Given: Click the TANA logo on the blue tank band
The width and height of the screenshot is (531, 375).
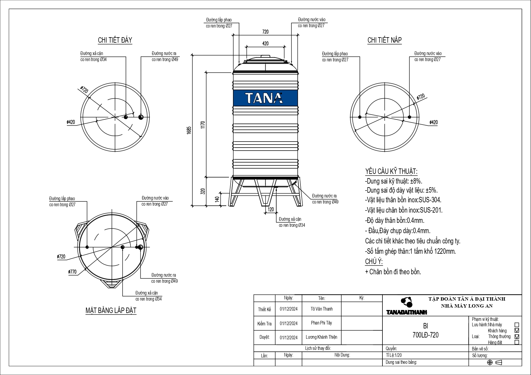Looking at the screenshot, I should (264, 98).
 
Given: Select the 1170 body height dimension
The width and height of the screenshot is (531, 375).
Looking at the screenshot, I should (203, 125).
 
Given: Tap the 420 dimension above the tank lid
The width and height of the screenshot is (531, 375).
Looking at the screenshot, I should (265, 44).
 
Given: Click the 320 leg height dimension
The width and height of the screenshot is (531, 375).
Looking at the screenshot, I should (203, 191).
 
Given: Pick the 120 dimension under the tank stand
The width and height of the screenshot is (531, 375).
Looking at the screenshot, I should (270, 209).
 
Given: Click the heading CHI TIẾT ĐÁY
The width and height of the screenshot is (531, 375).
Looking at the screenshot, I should (115, 40).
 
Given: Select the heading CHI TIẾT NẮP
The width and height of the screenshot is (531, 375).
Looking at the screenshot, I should (384, 40).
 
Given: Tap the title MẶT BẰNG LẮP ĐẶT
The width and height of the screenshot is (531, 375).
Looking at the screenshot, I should (111, 310).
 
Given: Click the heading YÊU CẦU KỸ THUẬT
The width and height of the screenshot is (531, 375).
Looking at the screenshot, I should (391, 171).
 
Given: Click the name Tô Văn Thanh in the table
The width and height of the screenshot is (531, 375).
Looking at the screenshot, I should (321, 309).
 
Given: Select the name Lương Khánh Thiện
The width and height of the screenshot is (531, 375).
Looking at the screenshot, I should (321, 337).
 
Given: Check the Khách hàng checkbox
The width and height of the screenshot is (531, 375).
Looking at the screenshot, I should (516, 331).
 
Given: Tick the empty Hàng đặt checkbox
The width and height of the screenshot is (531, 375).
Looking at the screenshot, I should (516, 342).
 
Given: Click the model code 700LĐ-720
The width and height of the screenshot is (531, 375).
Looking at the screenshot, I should (425, 335).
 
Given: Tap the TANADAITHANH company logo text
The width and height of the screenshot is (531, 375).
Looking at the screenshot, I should (407, 312).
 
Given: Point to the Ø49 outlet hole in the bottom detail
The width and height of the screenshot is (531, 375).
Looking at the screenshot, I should (141, 117).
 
